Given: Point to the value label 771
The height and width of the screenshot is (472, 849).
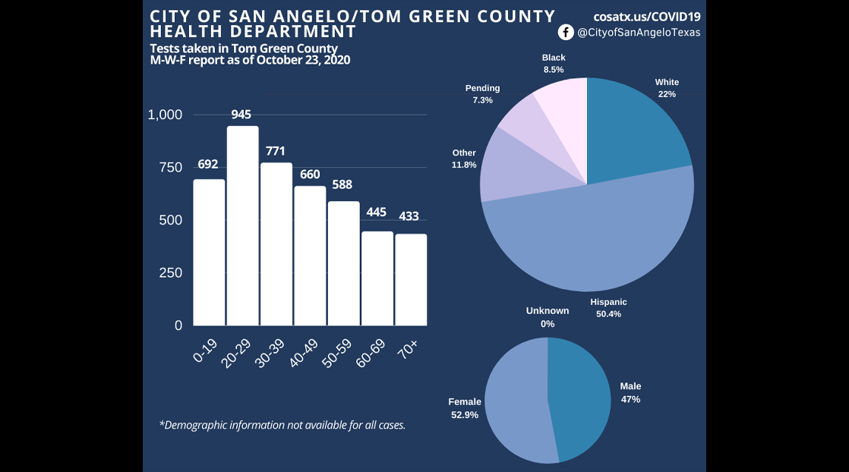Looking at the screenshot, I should click(276, 151).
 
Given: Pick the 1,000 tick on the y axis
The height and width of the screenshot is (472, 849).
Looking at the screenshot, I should click(165, 115).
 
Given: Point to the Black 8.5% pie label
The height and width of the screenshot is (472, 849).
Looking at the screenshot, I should click(554, 63).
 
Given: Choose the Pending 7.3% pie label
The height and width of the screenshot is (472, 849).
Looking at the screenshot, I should click(482, 94).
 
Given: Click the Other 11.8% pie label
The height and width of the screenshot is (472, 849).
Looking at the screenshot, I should click(464, 159).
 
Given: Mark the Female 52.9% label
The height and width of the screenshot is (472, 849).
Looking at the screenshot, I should click(464, 407).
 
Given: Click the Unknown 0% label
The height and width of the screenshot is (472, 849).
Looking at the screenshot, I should click(548, 317).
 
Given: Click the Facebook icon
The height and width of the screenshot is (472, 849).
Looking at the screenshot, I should click(566, 32).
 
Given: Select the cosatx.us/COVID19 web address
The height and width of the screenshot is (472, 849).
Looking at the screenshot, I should click(646, 16).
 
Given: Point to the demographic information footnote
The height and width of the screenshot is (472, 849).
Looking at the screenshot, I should click(282, 425).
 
